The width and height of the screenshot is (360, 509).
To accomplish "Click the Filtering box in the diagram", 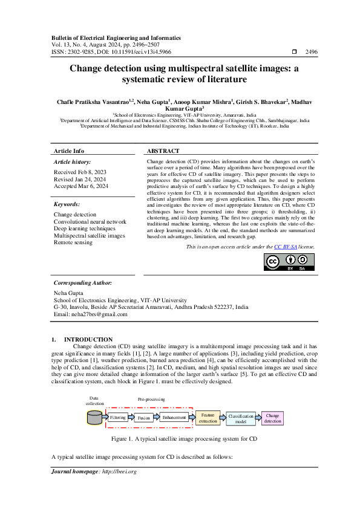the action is pyautogui.click(x=118, y=417).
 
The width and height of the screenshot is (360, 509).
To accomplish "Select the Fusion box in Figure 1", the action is pyautogui.click(x=143, y=418).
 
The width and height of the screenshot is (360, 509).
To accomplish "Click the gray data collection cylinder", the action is pyautogui.click(x=94, y=417).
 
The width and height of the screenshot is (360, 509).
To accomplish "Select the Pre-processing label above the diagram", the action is pyautogui.click(x=151, y=400).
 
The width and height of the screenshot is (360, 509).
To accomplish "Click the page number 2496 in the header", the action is pyautogui.click(x=312, y=53).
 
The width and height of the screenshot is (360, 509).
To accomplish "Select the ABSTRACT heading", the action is pyautogui.click(x=163, y=151).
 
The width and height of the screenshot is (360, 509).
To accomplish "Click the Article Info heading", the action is pyautogui.click(x=69, y=151).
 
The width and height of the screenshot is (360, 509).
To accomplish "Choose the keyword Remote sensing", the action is pyautogui.click(x=73, y=242).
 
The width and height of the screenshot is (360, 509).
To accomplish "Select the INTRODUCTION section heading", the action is pyautogui.click(x=88, y=339).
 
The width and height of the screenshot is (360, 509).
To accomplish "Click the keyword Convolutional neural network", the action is pyautogui.click(x=90, y=222).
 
